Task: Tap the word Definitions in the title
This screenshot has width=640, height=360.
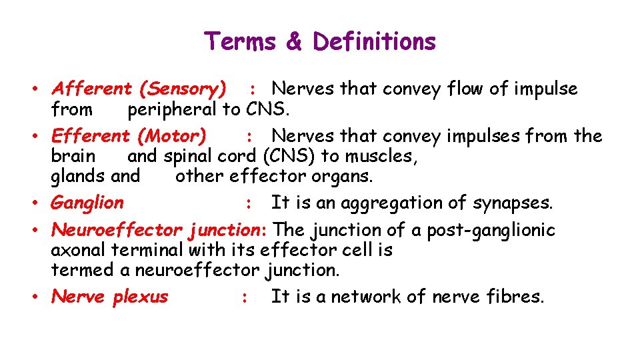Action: pos(374,41)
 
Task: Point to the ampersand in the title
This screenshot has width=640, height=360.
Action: pos(293,41)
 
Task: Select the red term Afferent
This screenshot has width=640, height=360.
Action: pos(92,89)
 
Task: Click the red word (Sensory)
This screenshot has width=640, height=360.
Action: pos(183,89)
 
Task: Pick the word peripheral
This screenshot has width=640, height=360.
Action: pos(172,109)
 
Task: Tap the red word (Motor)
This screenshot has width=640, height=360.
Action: pos(171,136)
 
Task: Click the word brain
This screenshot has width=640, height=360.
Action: pos(73,156)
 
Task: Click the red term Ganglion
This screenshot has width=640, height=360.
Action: pos(87,203)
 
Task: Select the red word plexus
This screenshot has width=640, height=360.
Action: pos(140,297)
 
